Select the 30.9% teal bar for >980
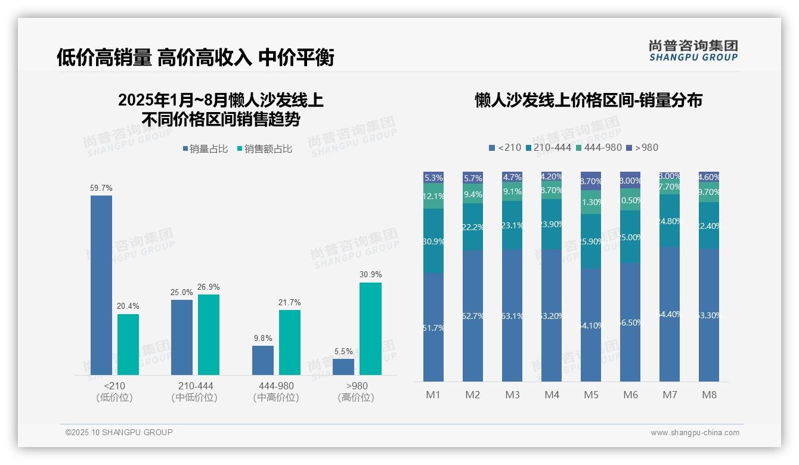[370, 328]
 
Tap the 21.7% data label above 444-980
[289, 303]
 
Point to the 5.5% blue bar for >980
[343, 367]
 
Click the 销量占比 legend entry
[205, 149]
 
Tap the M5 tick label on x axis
[591, 395]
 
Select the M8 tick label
[709, 395]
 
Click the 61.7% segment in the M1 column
[433, 327]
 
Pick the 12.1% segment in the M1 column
[433, 196]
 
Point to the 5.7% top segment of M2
[473, 178]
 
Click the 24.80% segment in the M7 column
[670, 221]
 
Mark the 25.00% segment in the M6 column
[630, 237]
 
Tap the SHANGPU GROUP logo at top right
[693, 51]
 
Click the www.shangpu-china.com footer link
[695, 433]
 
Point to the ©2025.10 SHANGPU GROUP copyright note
[119, 432]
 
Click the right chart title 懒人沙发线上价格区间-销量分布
[588, 100]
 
